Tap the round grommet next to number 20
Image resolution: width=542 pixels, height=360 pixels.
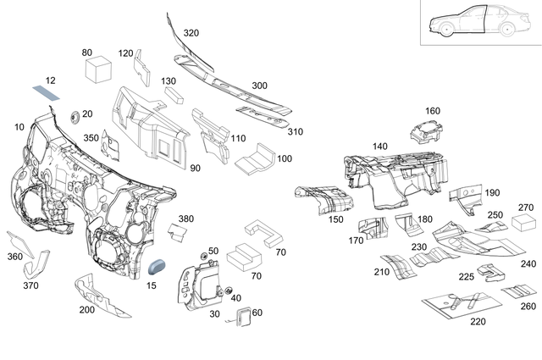73,114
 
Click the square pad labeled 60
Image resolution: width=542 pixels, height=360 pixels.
242,318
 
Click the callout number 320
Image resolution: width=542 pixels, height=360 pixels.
191,33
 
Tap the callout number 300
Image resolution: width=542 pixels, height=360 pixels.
259,86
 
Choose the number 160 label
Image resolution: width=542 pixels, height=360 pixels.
432,111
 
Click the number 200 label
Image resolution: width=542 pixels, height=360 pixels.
87,310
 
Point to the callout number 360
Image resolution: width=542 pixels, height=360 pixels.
14,256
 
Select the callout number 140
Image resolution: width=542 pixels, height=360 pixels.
379,146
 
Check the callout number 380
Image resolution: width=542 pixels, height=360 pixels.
186,219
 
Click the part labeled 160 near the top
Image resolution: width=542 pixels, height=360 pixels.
427,131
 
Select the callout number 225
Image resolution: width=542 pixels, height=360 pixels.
467,277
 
